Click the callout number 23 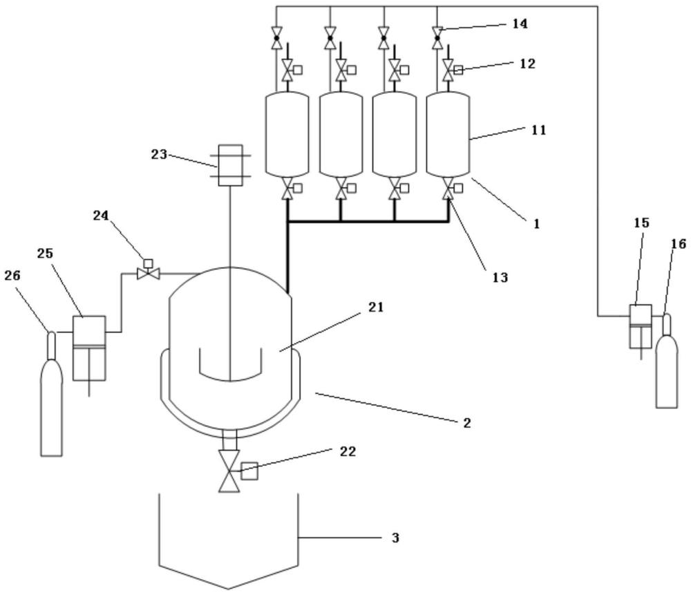[159, 155]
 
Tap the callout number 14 [520, 23]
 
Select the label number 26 [12, 276]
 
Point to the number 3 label [395, 538]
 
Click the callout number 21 [376, 308]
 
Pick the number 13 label [500, 277]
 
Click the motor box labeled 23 [231, 165]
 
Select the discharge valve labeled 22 [229, 471]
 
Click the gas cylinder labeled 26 [52, 393]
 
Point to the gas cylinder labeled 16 [667, 361]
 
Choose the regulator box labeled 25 [89, 348]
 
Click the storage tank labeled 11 [448, 135]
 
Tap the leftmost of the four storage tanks [287, 135]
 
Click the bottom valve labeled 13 [448, 189]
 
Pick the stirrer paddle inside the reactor [231, 365]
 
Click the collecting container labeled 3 [228, 541]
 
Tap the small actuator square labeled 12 [458, 70]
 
